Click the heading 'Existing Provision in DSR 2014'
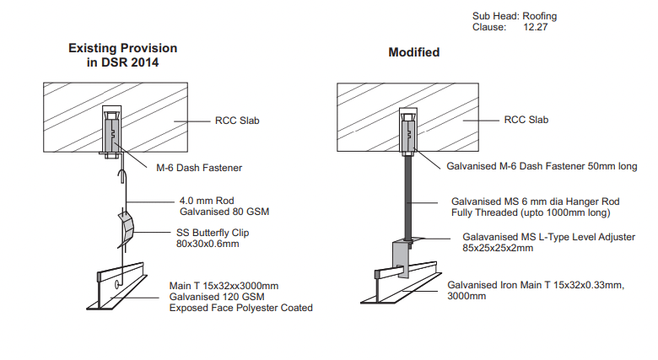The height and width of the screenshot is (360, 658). pyautogui.click(x=123, y=55)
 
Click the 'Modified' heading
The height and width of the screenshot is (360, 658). pyautogui.click(x=413, y=52)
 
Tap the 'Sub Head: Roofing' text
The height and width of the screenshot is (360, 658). pyautogui.click(x=515, y=16)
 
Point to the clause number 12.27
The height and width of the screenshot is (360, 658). pyautogui.click(x=536, y=27)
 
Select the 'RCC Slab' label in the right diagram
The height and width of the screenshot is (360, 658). pyautogui.click(x=526, y=120)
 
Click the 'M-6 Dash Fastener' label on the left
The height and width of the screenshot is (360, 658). pyautogui.click(x=199, y=168)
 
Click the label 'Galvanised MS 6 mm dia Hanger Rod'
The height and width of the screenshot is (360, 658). pyautogui.click(x=530, y=202)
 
